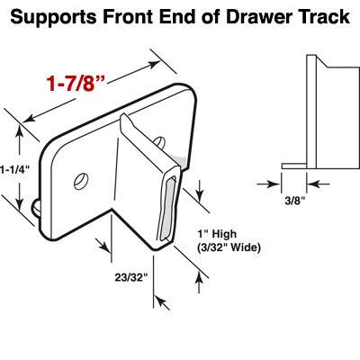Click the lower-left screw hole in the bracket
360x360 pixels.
80,180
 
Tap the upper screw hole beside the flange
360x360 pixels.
158,141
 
